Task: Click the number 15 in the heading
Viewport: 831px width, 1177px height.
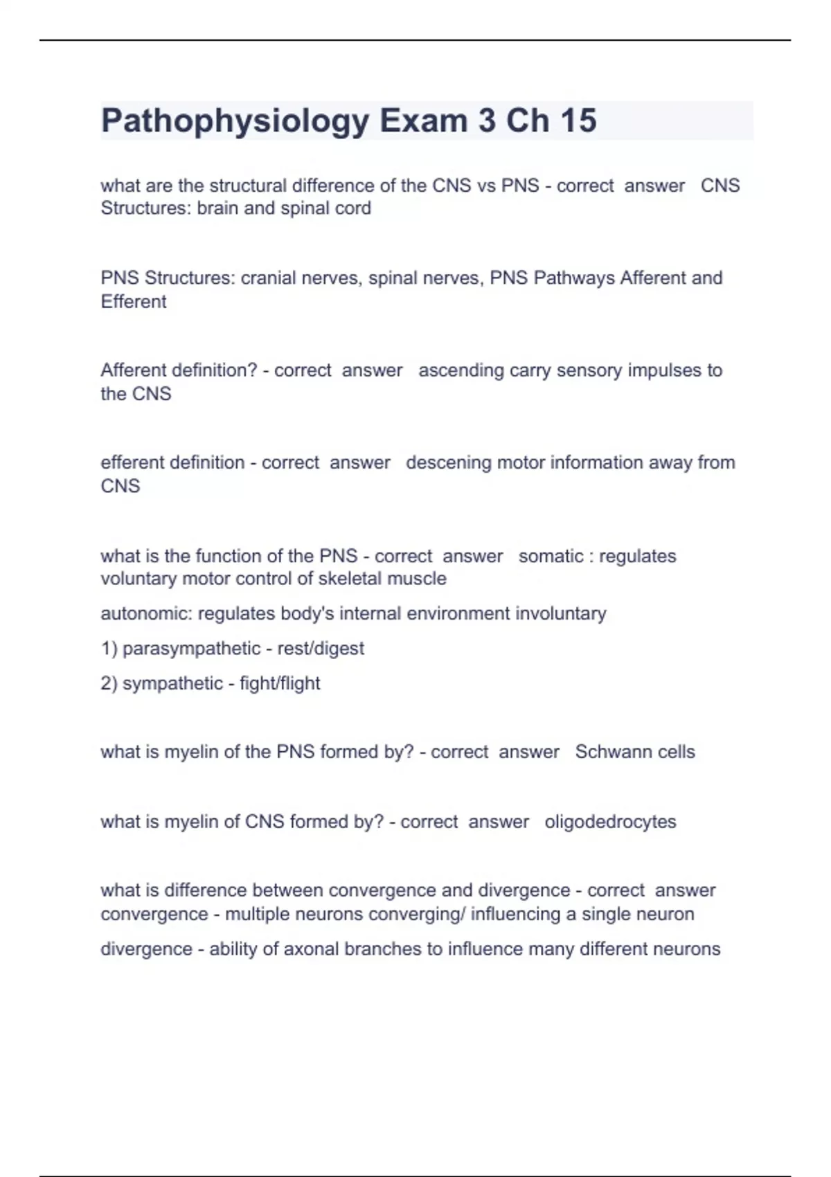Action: [578, 120]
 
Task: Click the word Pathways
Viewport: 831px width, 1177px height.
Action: [574, 278]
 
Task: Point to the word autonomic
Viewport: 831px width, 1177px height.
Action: [145, 614]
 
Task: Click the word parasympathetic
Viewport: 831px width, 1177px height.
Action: [191, 649]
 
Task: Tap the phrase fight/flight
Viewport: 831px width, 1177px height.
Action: [280, 683]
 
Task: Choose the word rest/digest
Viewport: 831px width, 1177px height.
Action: [321, 649]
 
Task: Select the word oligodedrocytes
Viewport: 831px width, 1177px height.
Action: [610, 822]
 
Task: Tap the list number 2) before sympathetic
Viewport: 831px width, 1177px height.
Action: [109, 683]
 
